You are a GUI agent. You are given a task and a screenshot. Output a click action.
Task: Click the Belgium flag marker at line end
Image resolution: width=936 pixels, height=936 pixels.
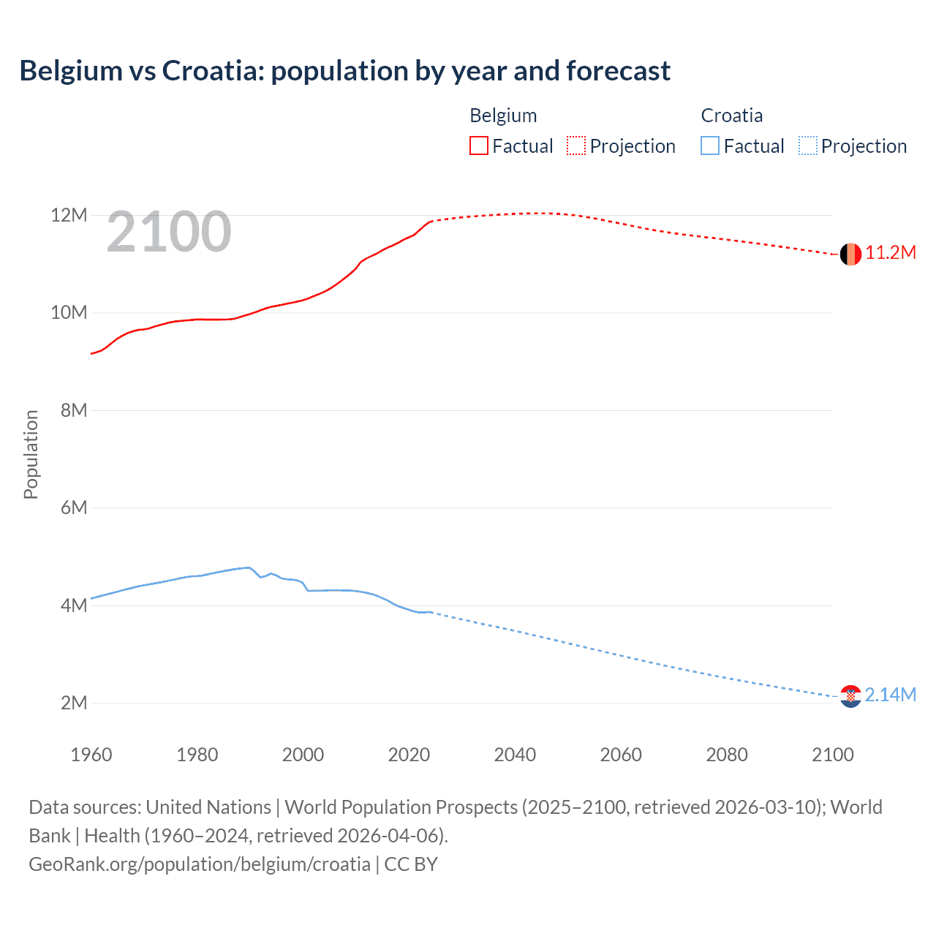[x=850, y=254]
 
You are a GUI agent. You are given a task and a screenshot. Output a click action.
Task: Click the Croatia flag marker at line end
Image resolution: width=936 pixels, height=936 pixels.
[x=850, y=696]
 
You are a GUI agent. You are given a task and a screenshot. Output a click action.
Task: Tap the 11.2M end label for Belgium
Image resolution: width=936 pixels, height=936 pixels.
[x=890, y=253]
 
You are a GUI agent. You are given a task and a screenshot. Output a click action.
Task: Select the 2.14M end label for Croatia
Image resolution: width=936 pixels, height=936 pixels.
[x=890, y=695]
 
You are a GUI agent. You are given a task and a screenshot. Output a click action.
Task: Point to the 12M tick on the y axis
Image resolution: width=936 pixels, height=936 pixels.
[x=69, y=215]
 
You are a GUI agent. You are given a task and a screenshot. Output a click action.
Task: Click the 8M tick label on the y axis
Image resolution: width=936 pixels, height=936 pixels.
[x=74, y=410]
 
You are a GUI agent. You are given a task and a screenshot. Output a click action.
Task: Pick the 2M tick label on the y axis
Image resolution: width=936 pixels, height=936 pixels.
[x=74, y=703]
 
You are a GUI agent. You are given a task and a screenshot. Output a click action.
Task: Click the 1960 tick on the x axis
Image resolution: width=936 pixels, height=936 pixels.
[x=91, y=755]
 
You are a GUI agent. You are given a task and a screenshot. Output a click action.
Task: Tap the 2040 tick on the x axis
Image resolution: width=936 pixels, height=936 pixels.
[x=515, y=755]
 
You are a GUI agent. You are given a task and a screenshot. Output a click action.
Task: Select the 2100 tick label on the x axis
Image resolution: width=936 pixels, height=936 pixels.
[x=832, y=755]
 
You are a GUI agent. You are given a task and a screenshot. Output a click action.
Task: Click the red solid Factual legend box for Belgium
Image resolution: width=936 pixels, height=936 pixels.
[x=479, y=146]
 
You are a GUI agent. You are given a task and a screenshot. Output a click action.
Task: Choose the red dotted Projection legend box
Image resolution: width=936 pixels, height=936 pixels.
[x=576, y=146]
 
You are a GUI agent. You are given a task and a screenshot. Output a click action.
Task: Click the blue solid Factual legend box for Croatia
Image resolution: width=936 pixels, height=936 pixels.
[x=710, y=146]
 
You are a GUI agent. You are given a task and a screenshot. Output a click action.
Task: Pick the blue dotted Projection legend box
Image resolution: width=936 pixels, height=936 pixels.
[x=807, y=146]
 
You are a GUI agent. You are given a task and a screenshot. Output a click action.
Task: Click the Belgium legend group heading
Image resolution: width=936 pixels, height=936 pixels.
[x=503, y=116]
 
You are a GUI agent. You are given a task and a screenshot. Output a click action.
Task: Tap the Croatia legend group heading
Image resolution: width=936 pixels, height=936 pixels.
[x=731, y=116]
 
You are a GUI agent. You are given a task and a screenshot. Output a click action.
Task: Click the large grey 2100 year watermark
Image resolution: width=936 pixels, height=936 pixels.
[x=169, y=233]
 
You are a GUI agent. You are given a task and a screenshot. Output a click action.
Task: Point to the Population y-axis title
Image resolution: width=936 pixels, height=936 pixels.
[x=31, y=454]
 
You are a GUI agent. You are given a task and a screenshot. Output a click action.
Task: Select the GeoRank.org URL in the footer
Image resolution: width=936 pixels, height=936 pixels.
[x=200, y=864]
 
